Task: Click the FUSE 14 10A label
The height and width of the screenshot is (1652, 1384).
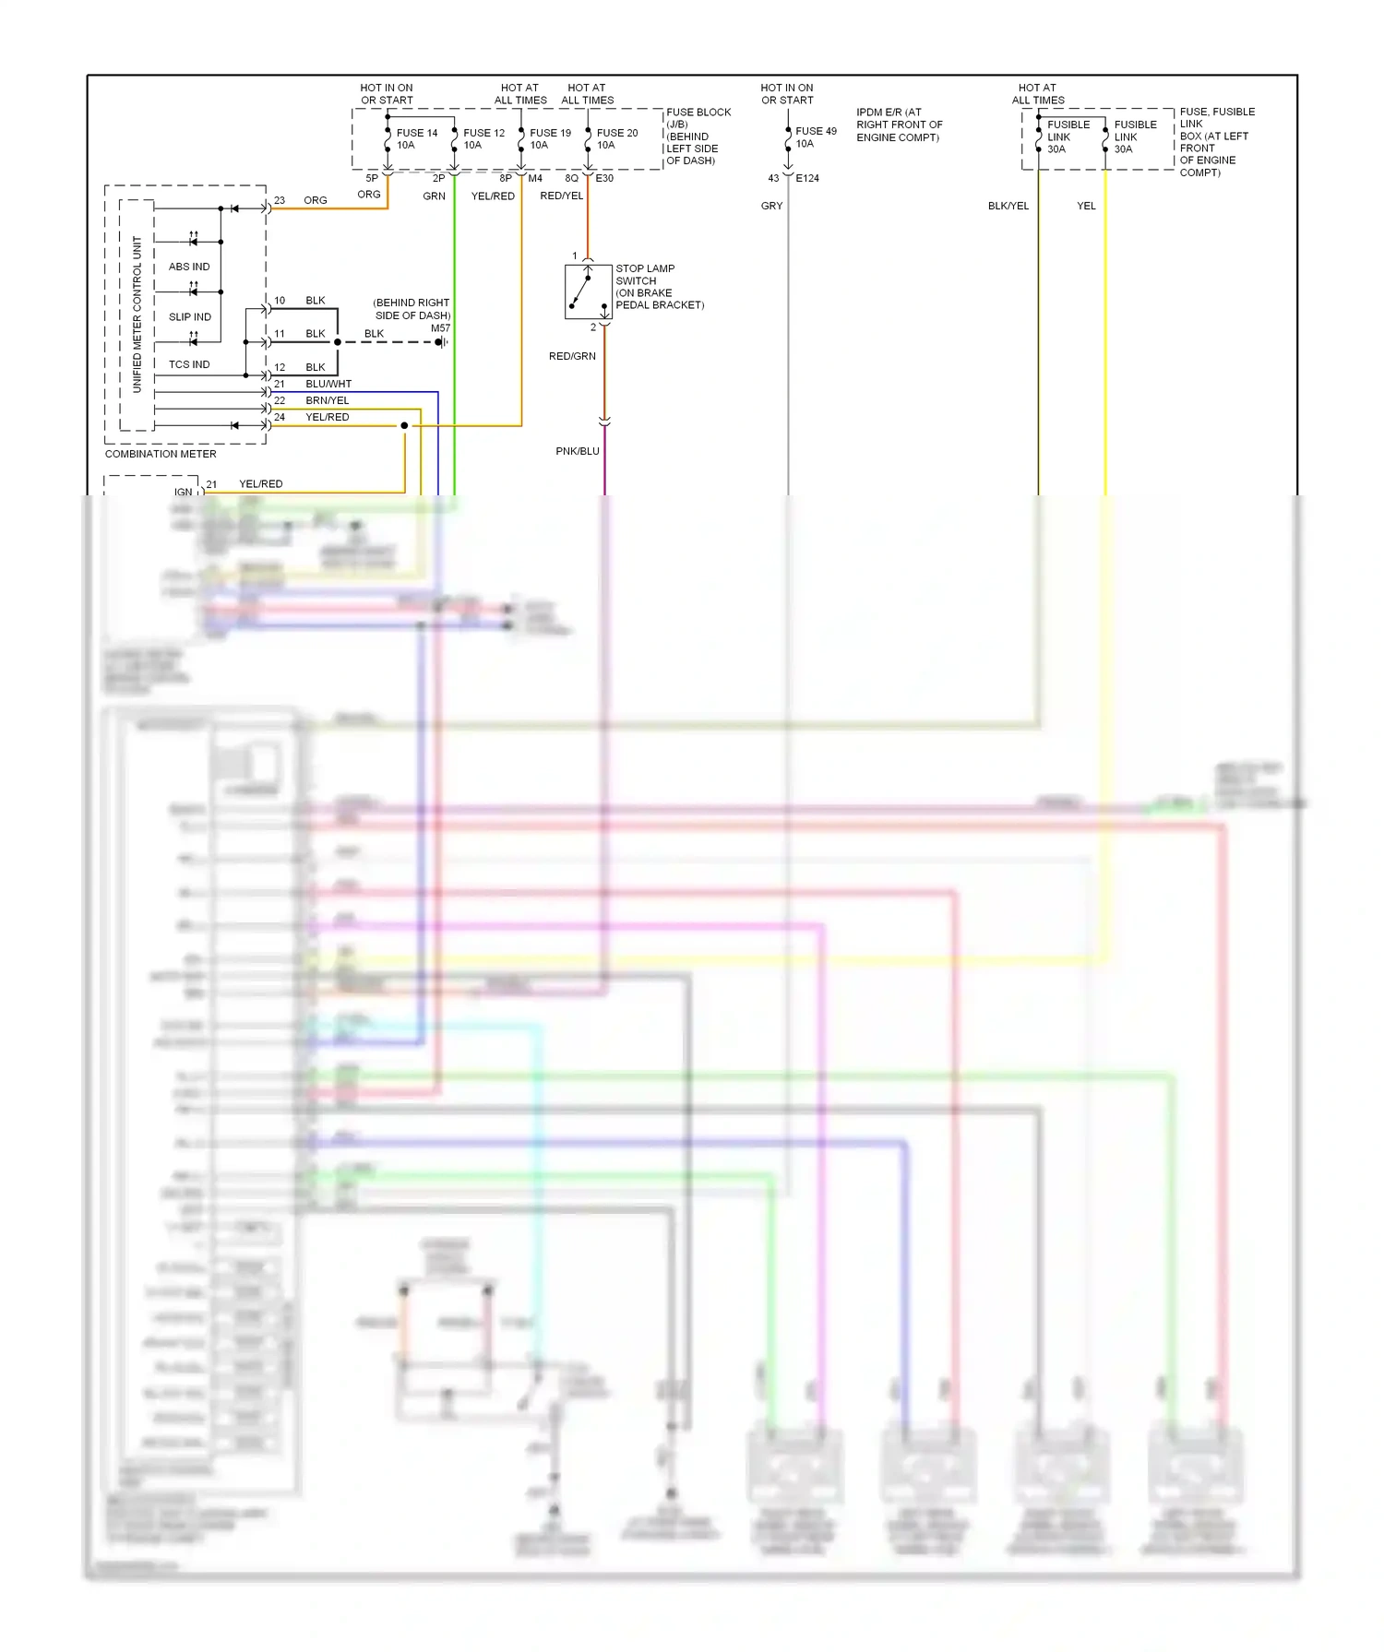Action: tap(417, 139)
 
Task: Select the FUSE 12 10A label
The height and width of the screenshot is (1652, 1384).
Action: tap(483, 139)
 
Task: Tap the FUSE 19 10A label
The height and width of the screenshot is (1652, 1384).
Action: tap(550, 139)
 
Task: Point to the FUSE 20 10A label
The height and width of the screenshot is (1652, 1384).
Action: tap(616, 139)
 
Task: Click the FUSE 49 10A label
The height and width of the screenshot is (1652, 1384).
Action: tap(816, 137)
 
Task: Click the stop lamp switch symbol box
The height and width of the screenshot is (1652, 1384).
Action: tap(588, 291)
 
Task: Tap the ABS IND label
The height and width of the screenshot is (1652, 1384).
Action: tap(189, 267)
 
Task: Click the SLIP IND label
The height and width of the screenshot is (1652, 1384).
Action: tap(189, 316)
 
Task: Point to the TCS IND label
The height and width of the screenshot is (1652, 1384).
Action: tap(189, 364)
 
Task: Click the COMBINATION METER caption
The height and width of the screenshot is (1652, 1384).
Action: tap(161, 454)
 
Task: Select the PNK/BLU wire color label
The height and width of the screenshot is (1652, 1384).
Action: tap(578, 451)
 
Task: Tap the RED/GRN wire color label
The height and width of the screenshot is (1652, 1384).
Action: tap(572, 356)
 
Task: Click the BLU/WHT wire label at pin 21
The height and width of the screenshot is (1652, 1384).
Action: tap(328, 384)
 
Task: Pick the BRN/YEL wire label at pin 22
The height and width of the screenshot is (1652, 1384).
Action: tap(328, 400)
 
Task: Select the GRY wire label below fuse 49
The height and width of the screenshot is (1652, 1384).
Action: tap(771, 206)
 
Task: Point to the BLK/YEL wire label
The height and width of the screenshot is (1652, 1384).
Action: tap(1008, 206)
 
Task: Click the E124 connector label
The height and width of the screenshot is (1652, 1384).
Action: tap(807, 178)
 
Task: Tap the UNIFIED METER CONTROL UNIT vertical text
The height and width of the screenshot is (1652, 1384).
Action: tap(137, 315)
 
